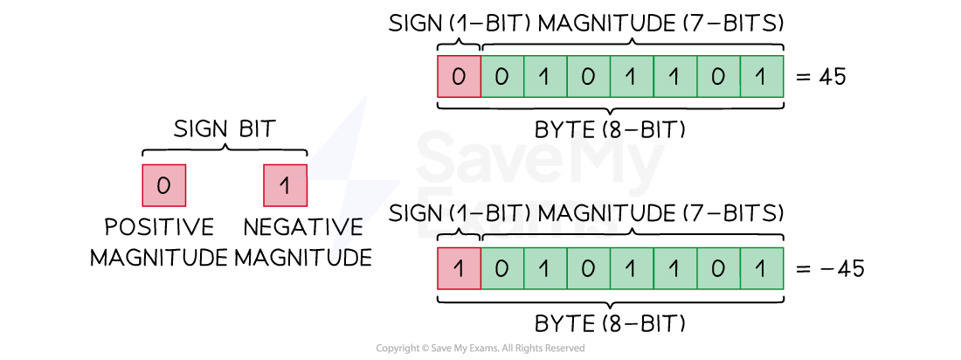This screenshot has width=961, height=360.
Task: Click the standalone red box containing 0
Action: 163,185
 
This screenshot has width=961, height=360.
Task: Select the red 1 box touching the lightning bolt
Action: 284,185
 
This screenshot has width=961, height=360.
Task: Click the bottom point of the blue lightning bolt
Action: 333,260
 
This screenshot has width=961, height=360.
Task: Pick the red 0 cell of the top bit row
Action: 459,77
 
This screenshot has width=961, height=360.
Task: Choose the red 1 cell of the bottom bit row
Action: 459,268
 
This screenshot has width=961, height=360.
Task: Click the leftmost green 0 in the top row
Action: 501,77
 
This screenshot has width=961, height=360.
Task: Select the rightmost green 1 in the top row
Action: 760,77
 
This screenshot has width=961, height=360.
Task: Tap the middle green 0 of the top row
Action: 587,77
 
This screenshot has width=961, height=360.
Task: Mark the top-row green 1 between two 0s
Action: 543,77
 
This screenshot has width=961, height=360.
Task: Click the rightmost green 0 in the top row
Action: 717,77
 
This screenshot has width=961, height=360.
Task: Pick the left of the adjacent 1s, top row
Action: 630,77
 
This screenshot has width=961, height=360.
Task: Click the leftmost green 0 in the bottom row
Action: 501,268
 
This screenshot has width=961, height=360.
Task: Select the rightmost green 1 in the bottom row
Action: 760,268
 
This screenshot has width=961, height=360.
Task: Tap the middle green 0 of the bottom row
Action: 587,268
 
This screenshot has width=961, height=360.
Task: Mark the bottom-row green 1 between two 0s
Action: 543,268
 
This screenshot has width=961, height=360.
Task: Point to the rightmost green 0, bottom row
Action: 717,268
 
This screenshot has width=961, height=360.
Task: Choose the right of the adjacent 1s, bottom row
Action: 674,268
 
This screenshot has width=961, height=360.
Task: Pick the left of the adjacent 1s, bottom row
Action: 630,268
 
